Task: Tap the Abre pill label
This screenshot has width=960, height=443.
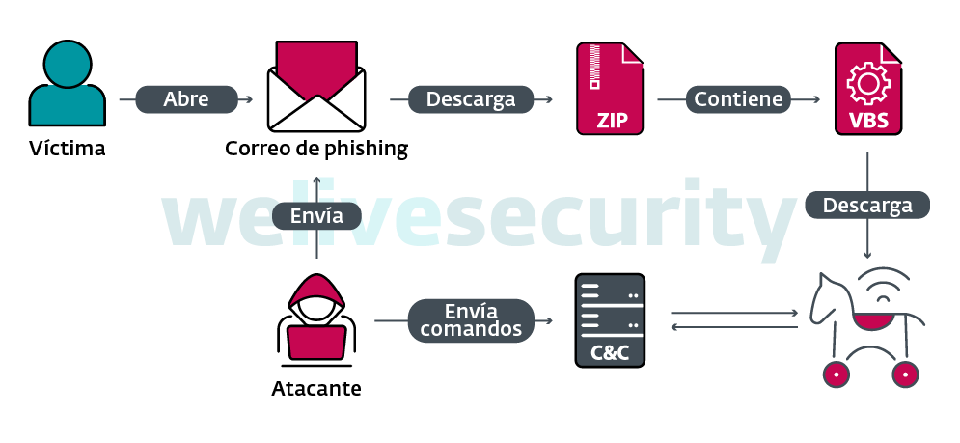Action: pos(186,99)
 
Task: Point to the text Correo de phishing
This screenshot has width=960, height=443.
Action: pos(316,149)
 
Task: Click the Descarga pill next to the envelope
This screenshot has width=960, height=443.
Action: pos(471,99)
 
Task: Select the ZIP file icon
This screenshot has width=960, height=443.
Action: pos(609,88)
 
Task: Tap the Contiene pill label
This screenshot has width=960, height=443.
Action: pos(739,99)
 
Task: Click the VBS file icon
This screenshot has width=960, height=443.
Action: pos(866,88)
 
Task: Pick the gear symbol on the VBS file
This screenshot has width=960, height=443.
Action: pos(866,85)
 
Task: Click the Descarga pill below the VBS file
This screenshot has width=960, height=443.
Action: pos(866,206)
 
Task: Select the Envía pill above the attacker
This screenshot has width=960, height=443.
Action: pos(316,216)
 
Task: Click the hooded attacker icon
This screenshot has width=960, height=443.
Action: pos(316,318)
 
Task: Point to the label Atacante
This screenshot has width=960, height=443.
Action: pos(316,390)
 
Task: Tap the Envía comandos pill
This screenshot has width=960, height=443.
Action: pos(471,320)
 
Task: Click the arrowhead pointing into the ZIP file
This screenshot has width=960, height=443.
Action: pos(548,99)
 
